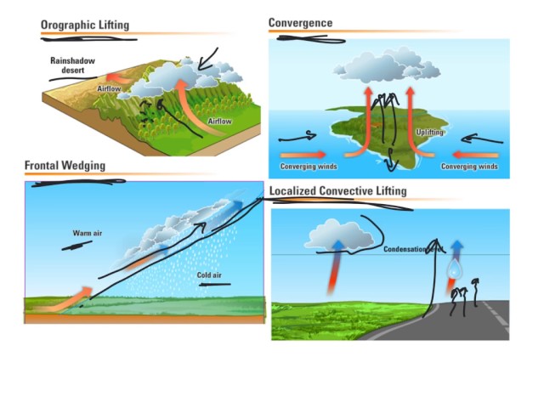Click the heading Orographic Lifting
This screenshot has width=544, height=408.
click(x=85, y=25)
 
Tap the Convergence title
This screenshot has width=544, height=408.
click(x=300, y=22)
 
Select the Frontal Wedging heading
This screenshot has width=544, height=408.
click(x=65, y=165)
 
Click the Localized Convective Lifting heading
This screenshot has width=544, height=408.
click(x=337, y=191)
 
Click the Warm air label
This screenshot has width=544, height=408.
click(x=88, y=232)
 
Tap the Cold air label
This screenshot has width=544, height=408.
click(x=208, y=275)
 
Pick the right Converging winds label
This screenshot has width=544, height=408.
click(x=469, y=167)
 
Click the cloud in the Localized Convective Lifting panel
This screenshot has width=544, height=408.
click(x=339, y=234)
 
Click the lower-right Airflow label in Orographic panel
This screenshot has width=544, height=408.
click(x=220, y=122)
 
